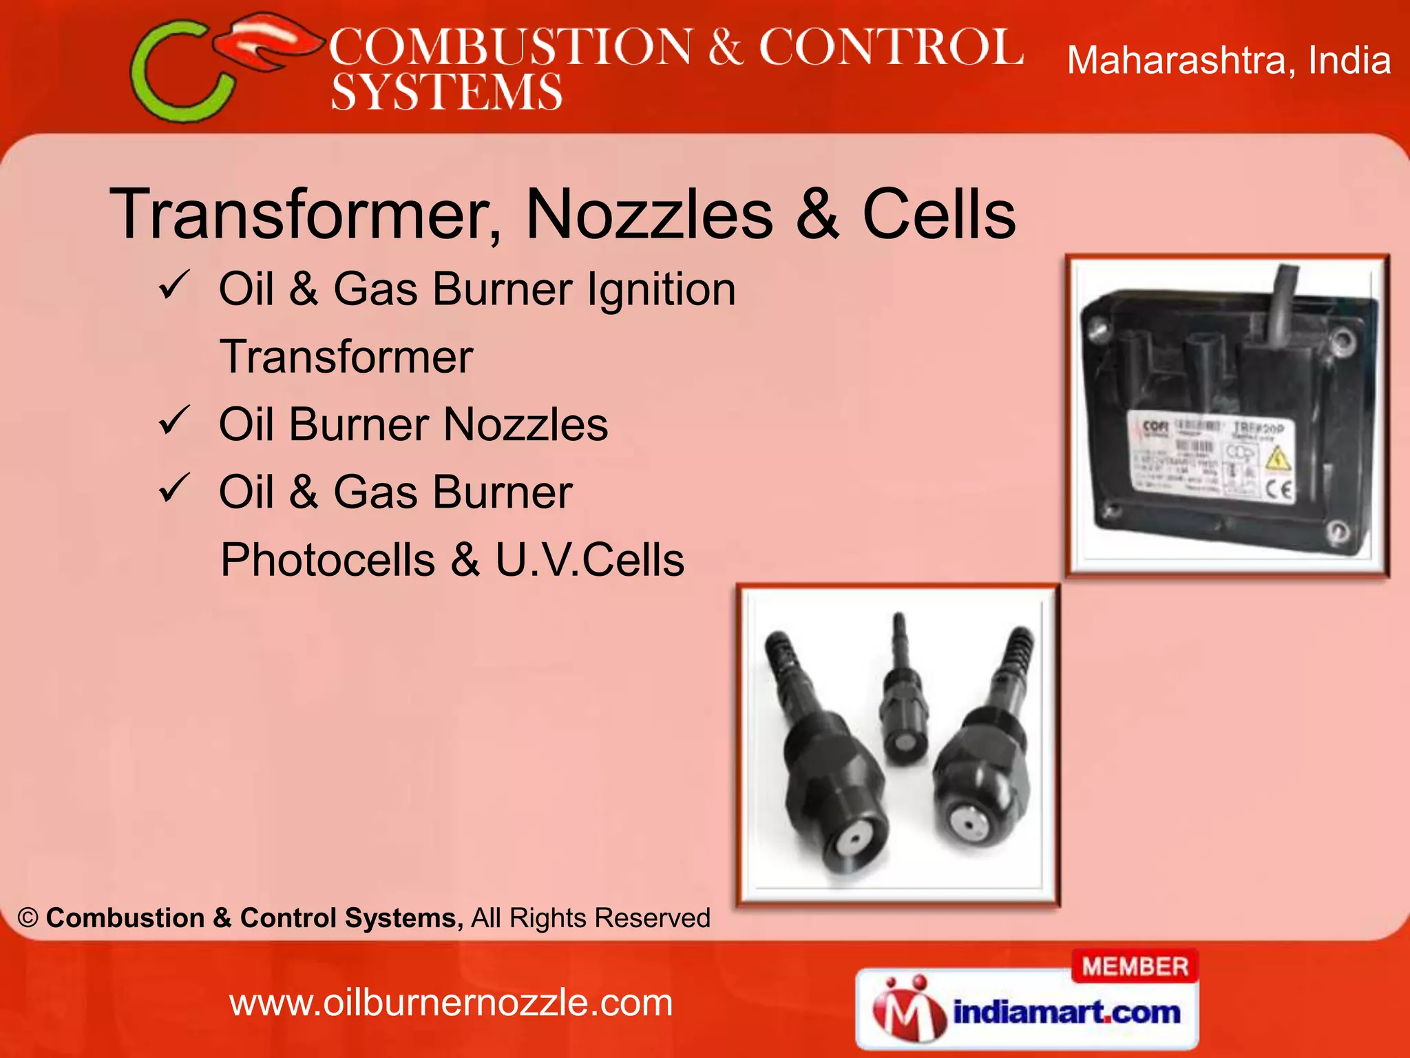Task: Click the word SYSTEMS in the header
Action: click(446, 92)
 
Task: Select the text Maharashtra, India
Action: click(1228, 60)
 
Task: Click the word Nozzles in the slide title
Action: click(649, 214)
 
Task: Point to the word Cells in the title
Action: click(938, 214)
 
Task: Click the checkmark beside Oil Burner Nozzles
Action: click(173, 421)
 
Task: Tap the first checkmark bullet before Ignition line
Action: click(173, 285)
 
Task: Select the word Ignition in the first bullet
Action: click(661, 289)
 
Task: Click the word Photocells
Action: click(328, 559)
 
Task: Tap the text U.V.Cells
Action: click(589, 559)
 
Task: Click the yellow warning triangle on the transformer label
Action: click(1278, 460)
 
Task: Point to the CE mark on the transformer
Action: click(1279, 490)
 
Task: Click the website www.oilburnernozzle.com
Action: click(451, 1002)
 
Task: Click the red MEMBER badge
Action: click(1135, 966)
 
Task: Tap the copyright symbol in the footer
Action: click(28, 918)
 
